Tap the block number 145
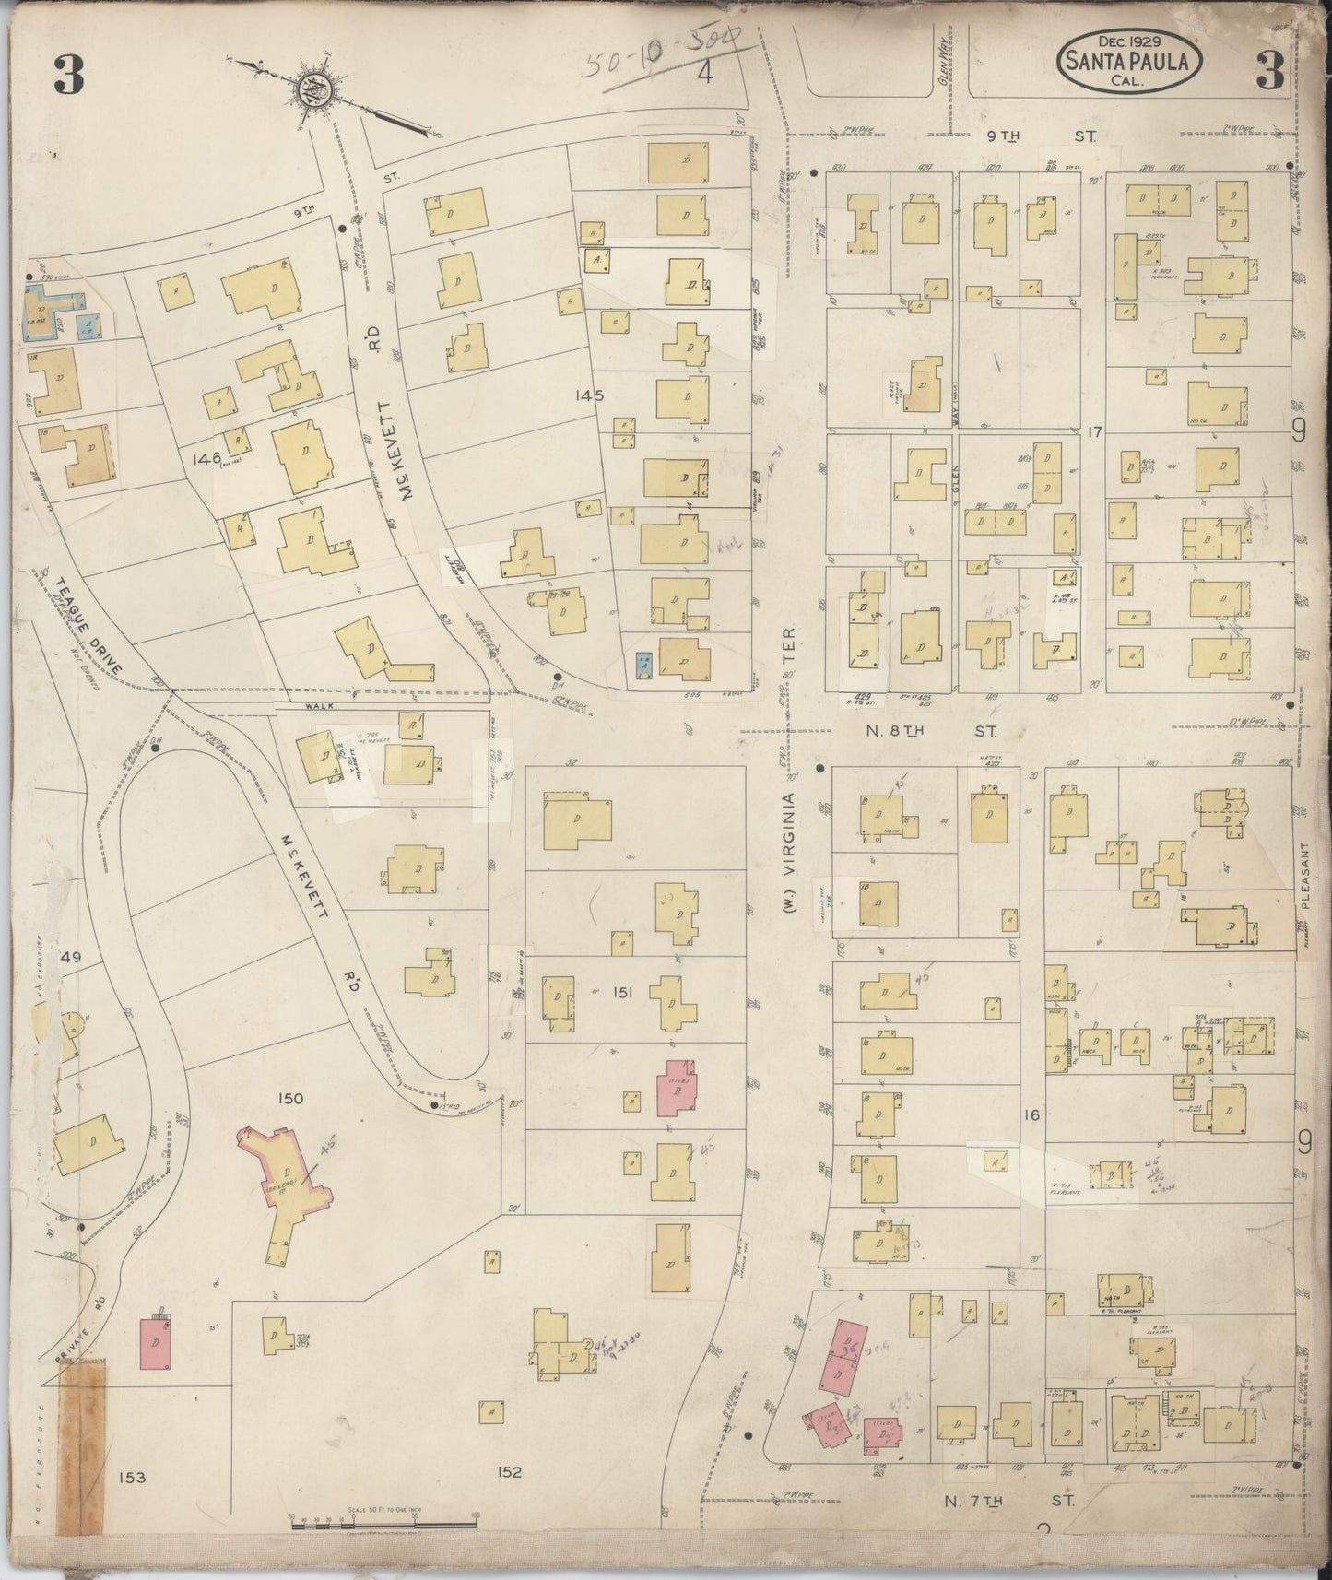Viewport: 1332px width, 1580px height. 587,395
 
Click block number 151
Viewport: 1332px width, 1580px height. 623,991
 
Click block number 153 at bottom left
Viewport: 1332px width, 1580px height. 132,1477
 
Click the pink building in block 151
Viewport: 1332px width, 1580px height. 678,1088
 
